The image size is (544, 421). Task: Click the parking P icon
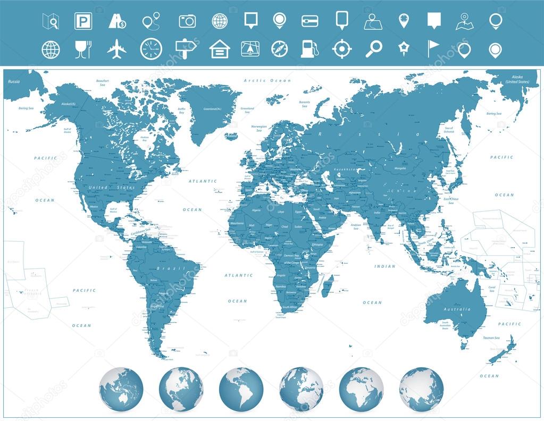click(x=83, y=21)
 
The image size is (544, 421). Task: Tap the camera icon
click(x=187, y=21)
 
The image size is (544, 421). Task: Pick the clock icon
click(x=151, y=49)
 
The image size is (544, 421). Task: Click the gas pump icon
click(x=310, y=49)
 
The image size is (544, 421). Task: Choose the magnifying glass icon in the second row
click(x=373, y=49)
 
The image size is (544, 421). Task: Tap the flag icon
click(x=433, y=48)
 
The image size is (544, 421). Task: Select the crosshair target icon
click(x=342, y=49)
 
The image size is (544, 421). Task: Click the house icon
click(x=219, y=49)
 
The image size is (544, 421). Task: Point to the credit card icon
click(x=309, y=21)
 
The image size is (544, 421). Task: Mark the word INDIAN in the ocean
click(x=384, y=266)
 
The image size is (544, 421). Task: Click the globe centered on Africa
click(x=361, y=389)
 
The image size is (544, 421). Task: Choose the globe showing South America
click(x=241, y=389)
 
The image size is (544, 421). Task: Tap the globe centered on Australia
click(x=121, y=389)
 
